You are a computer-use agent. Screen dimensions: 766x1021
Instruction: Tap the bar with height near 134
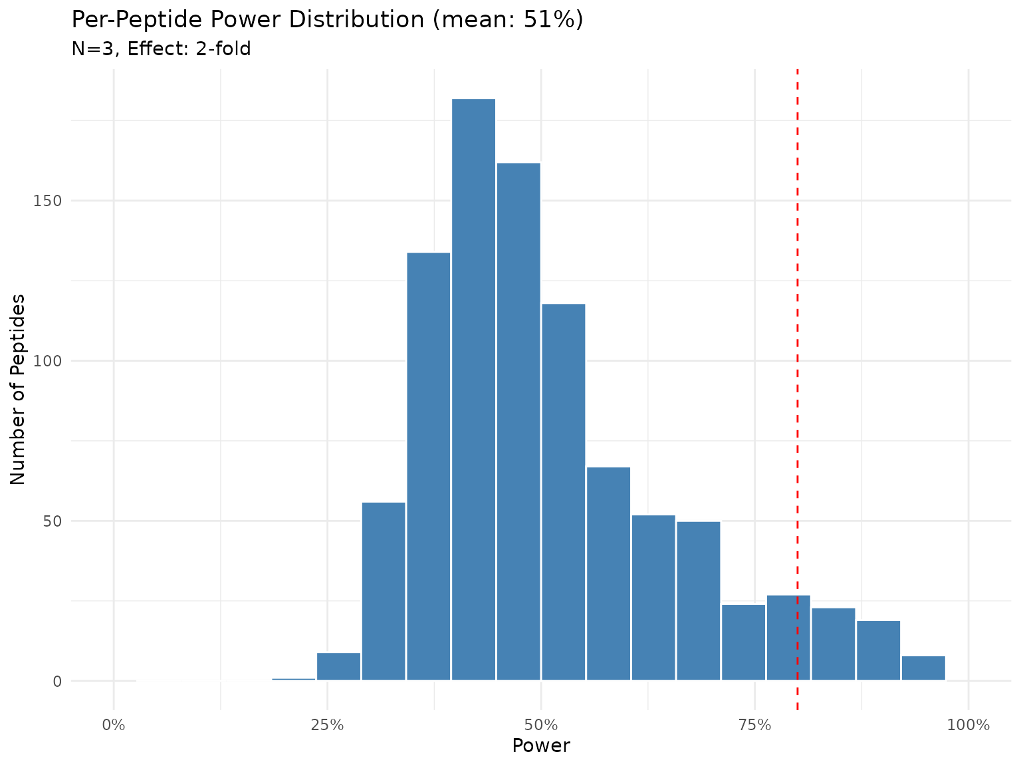(428, 466)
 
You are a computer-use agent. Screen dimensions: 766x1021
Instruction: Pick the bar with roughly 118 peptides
(563, 491)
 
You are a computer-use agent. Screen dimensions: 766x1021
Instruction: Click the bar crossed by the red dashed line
(788, 638)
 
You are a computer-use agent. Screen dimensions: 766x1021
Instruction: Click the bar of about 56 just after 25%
(384, 591)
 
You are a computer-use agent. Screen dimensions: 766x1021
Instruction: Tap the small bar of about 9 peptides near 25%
(338, 667)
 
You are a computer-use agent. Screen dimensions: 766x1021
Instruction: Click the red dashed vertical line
(797, 332)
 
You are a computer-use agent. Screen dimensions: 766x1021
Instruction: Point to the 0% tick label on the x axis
(114, 724)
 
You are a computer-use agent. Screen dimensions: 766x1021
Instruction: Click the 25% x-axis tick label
(327, 724)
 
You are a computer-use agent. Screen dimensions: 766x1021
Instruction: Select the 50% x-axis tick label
(541, 724)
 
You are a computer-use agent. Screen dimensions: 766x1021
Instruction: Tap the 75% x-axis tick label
(755, 724)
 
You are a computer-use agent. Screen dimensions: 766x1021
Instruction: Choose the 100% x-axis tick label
(968, 724)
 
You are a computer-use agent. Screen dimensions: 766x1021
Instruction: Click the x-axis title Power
(541, 746)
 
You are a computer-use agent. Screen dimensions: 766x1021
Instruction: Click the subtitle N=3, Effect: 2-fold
(161, 49)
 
